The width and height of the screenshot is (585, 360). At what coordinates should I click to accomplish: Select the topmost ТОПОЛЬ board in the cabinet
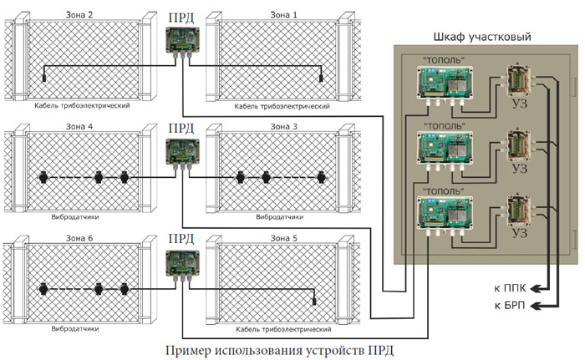tap(446, 84)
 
